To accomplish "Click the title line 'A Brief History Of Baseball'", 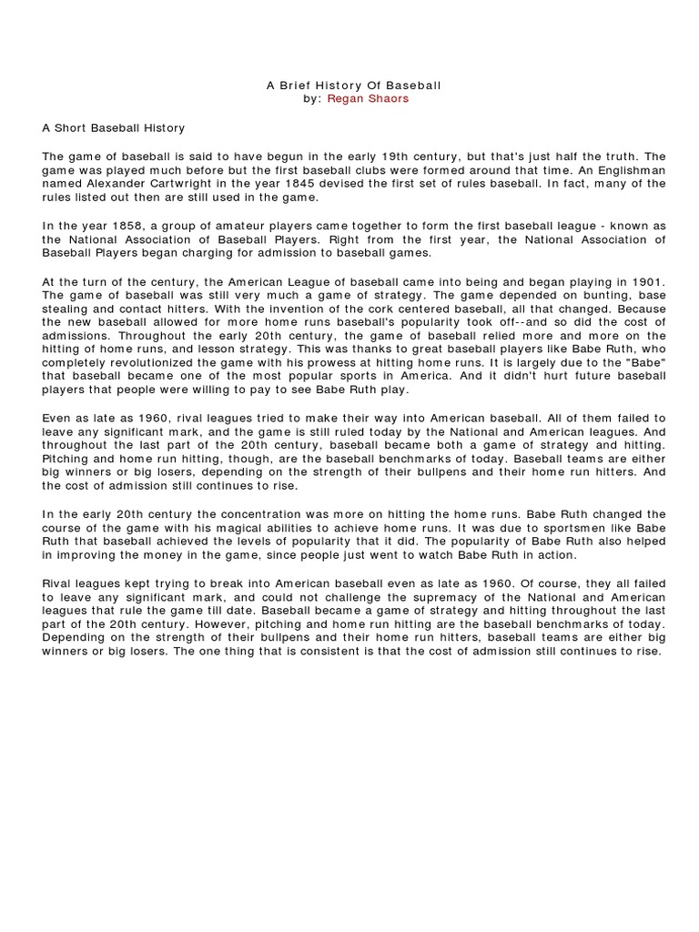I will tap(353, 86).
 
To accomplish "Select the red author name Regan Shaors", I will tap(368, 99).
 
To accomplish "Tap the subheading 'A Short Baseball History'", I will tap(113, 128).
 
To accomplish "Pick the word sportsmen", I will tap(572, 528).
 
